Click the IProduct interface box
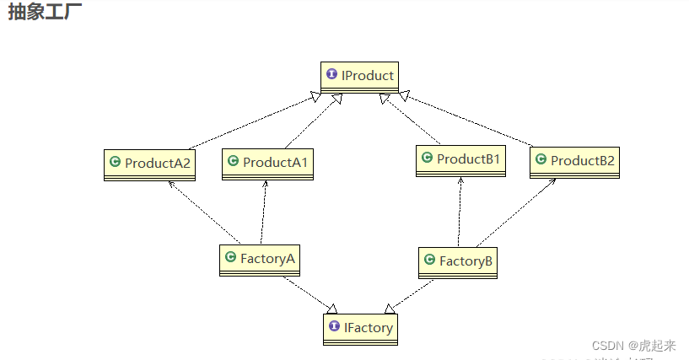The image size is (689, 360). click(x=359, y=77)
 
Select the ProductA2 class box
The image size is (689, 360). click(x=150, y=164)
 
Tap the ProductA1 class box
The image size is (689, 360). click(x=267, y=164)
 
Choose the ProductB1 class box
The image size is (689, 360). click(x=460, y=160)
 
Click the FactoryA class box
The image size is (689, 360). click(x=259, y=260)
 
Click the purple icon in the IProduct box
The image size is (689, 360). click(x=331, y=75)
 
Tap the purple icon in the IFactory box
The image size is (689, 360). click(x=335, y=326)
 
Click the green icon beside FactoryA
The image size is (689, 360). click(x=229, y=258)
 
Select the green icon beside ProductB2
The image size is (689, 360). click(x=540, y=159)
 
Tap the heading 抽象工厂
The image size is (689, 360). click(x=46, y=12)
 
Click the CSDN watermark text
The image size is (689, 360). click(x=633, y=346)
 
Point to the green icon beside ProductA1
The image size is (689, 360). click(x=233, y=160)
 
